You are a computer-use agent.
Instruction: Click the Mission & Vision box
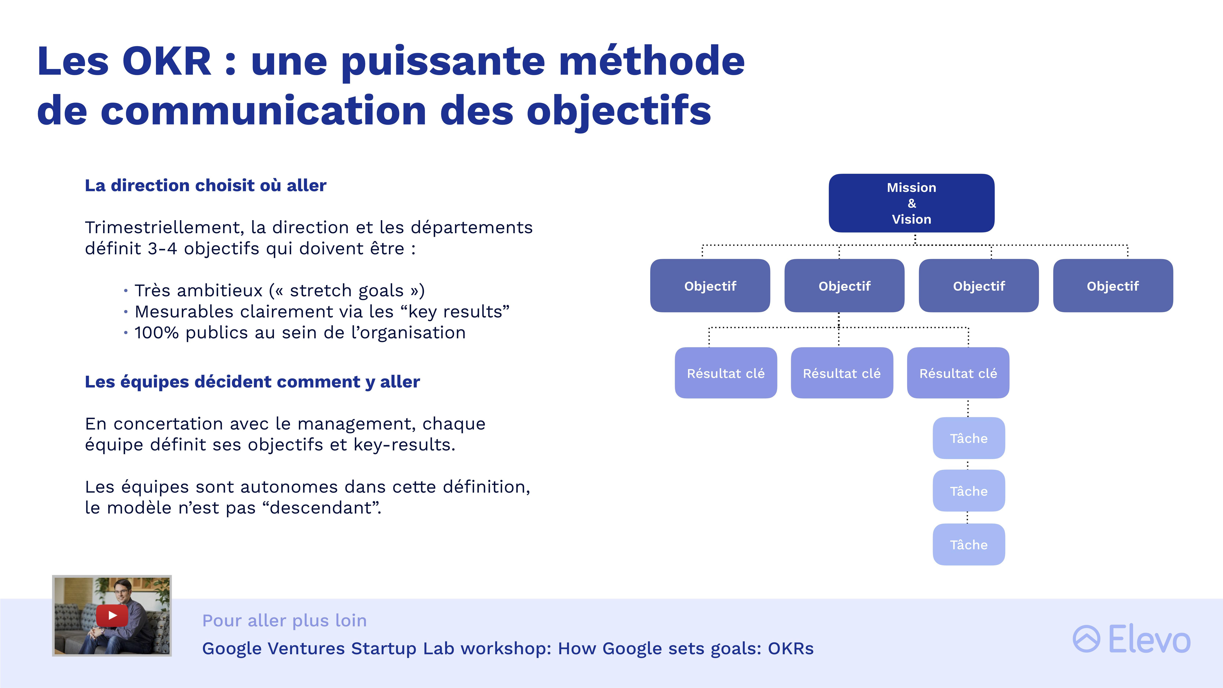(x=911, y=203)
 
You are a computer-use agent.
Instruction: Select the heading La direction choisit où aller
(x=205, y=185)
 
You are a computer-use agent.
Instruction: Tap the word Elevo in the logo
(x=1149, y=639)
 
